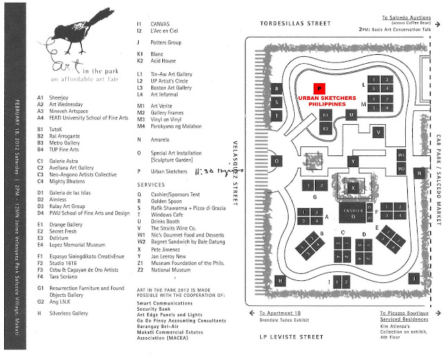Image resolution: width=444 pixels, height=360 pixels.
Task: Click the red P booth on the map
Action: click(x=318, y=89)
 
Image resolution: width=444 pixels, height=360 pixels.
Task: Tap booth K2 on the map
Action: click(x=325, y=129)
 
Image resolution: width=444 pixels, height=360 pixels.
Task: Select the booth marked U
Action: click(x=352, y=114)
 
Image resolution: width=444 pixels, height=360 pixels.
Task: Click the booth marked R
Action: click(x=277, y=89)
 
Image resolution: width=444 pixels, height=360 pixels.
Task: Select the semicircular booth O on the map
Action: click(x=277, y=161)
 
